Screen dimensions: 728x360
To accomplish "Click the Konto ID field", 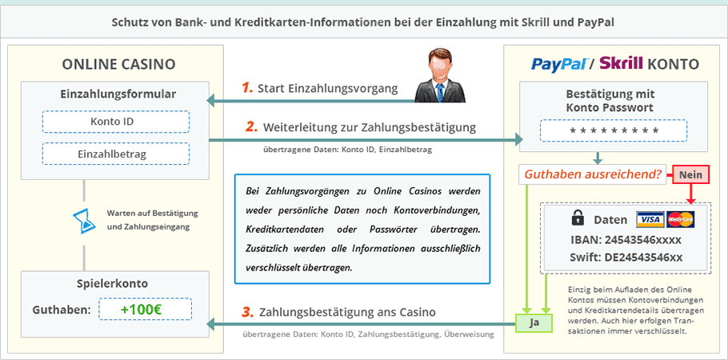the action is tap(116, 122).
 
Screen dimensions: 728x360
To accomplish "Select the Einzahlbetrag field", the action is tap(116, 154).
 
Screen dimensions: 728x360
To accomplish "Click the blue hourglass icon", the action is tap(84, 220).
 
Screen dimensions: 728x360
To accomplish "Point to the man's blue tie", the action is tap(439, 92).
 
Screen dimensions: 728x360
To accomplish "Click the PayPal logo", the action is tap(560, 64).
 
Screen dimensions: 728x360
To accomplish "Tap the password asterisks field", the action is tap(614, 130).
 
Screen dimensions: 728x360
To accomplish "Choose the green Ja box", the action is tap(534, 323).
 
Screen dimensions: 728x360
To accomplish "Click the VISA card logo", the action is tap(650, 219).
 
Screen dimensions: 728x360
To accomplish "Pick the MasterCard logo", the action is tap(680, 219).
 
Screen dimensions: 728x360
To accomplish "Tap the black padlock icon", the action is tap(578, 218).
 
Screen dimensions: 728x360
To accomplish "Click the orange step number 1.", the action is tap(247, 88).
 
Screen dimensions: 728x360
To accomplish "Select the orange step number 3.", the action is tap(247, 312).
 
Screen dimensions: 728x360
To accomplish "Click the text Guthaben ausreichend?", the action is tap(592, 174).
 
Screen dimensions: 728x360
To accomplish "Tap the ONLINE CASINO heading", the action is tap(119, 64).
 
